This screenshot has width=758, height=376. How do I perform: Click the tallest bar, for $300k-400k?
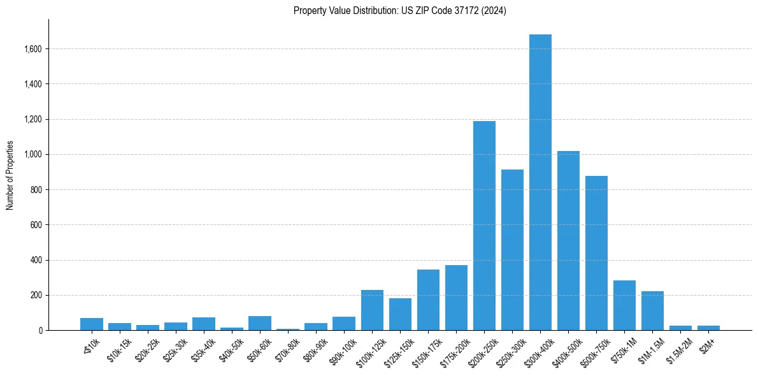(x=540, y=182)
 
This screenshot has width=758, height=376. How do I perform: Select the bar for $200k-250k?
(x=484, y=226)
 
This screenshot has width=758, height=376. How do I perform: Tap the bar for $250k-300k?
(x=512, y=250)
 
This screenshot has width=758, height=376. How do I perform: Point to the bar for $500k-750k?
(x=596, y=253)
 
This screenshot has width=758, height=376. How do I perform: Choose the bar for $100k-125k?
(x=372, y=310)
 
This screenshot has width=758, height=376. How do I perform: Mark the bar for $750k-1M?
(x=624, y=305)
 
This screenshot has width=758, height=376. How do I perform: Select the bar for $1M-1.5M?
(x=652, y=311)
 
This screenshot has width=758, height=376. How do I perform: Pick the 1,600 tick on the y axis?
(x=33, y=49)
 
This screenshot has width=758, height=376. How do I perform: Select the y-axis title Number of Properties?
(x=10, y=175)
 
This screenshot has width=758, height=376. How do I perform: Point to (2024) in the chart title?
(x=494, y=11)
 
